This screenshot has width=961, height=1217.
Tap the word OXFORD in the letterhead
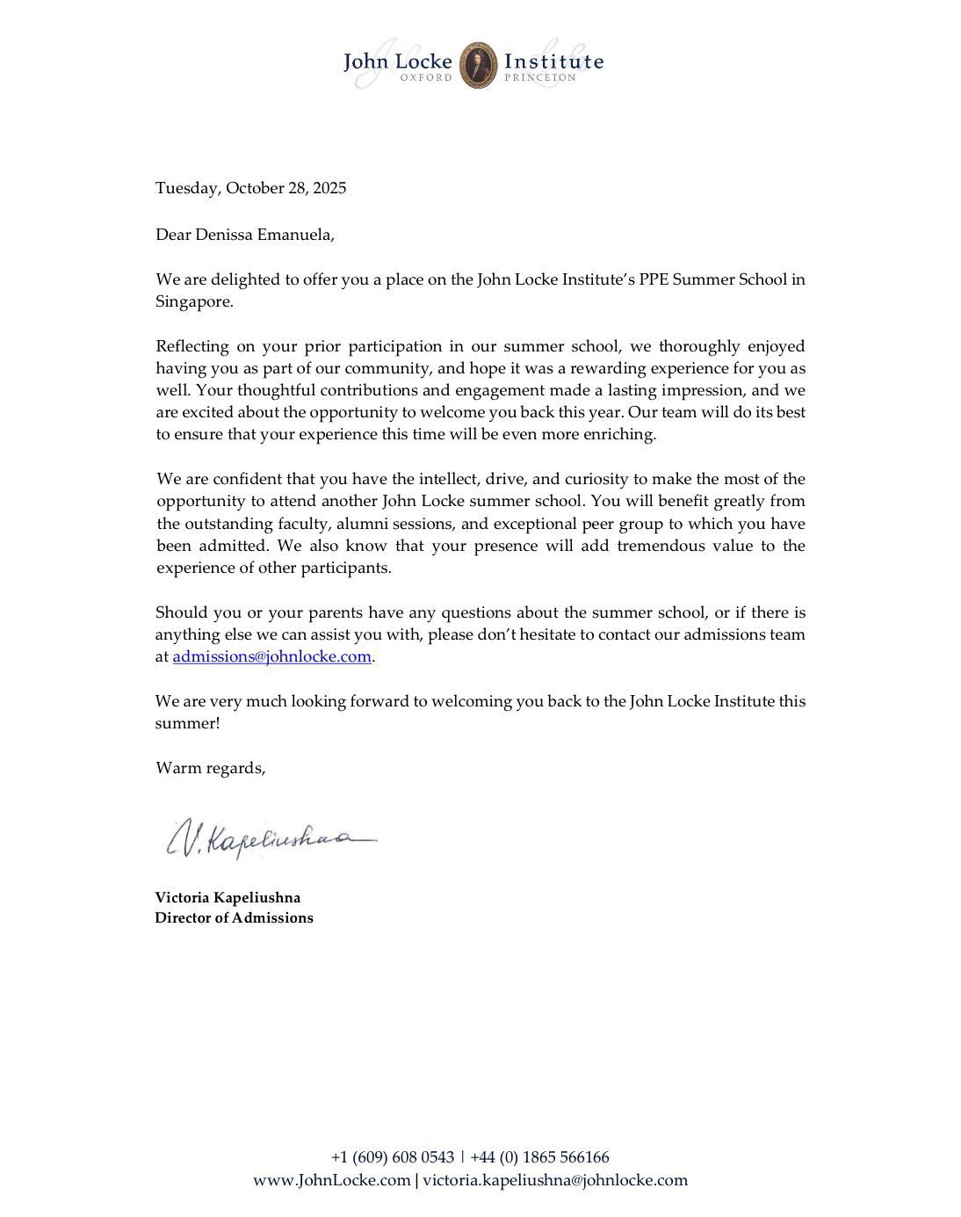coord(426,77)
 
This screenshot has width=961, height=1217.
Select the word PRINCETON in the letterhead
coord(540,77)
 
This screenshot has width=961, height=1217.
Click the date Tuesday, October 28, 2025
coord(250,188)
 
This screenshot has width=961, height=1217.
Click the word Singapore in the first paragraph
coord(193,301)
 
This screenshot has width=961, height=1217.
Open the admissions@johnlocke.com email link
coord(272,656)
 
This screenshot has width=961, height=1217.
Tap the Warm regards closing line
coord(210,768)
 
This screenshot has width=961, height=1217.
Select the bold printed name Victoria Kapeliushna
coord(228,897)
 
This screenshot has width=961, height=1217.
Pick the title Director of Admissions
coord(234,917)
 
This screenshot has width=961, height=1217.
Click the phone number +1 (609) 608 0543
coord(393,1157)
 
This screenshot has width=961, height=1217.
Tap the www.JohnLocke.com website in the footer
coord(332,1180)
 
